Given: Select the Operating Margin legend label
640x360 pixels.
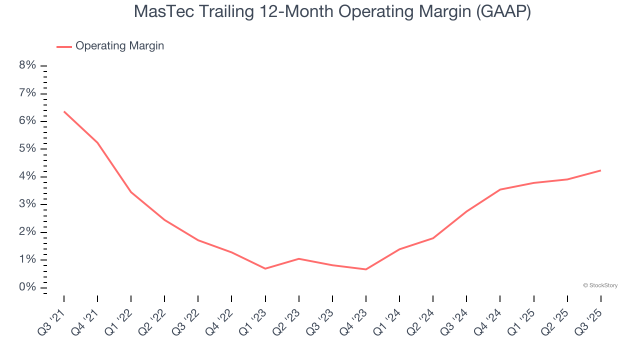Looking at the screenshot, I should pos(119,46).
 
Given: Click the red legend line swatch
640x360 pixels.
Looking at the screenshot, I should pos(64,46).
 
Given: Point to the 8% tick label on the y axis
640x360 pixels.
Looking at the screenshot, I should pos(28,65).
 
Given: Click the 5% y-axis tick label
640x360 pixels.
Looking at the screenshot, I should pos(28,149).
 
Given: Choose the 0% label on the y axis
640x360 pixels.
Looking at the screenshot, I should pos(28,287).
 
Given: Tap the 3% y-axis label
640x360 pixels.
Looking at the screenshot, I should pos(28,204).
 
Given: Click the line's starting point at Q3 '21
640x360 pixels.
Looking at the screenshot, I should pos(64,111).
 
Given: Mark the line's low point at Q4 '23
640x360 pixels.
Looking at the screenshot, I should pos(366,269).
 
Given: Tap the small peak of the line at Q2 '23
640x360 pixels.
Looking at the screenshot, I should pos(299,258).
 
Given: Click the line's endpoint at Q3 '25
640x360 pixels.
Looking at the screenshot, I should pos(600,170).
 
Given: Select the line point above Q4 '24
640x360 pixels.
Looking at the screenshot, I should pos(500,189).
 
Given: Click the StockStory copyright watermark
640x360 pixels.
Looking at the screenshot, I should pos(600,285).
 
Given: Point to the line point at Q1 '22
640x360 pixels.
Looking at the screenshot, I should pos(131,192).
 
